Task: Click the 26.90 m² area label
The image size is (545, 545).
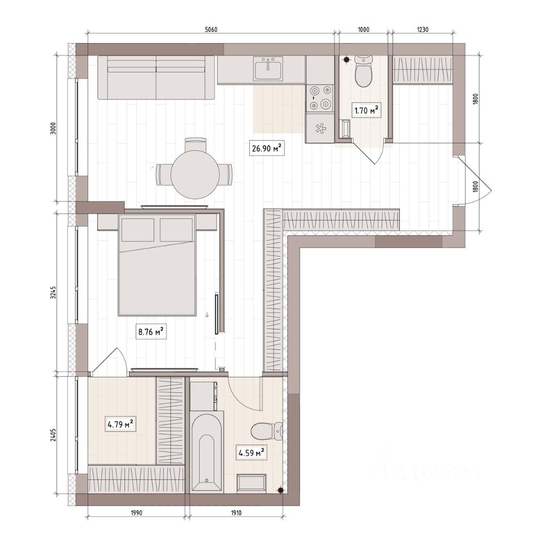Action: point(266,148)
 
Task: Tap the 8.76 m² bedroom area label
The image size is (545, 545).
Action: point(151,332)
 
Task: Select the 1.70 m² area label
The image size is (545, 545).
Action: point(366,111)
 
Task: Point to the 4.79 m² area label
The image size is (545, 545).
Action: point(120,424)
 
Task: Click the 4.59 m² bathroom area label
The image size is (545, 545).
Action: point(251,452)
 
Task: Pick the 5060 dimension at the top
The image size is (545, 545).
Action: point(211,30)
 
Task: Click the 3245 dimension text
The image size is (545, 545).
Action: point(53,292)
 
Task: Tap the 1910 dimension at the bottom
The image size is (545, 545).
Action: point(236,513)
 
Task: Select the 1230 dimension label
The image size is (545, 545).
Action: point(422,30)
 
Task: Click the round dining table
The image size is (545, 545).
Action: point(195,174)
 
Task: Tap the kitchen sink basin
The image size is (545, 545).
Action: point(268,69)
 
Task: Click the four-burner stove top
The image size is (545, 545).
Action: point(320,98)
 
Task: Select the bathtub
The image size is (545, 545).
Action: point(207,452)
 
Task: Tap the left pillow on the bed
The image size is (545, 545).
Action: point(138,229)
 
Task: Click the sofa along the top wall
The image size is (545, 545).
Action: point(156,77)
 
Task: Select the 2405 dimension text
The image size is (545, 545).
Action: point(53,434)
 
